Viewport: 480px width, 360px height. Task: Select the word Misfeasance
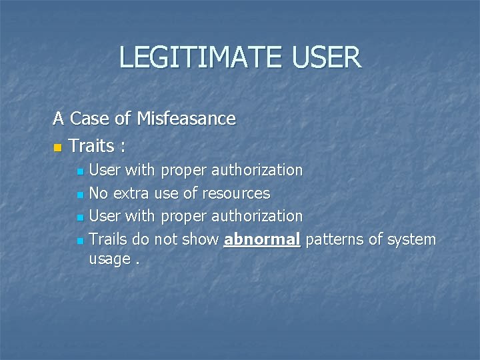(x=186, y=119)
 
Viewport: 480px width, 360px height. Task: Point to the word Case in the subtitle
(x=90, y=119)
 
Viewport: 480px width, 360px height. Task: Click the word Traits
(x=91, y=145)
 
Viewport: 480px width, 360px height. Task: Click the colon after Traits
(x=123, y=146)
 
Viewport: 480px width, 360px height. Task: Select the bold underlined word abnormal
(x=262, y=239)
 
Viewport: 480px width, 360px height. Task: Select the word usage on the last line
(x=109, y=259)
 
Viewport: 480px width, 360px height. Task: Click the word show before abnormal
(x=201, y=239)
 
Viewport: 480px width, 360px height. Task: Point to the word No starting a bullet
(x=99, y=194)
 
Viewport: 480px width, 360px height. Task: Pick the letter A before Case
(x=59, y=119)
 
